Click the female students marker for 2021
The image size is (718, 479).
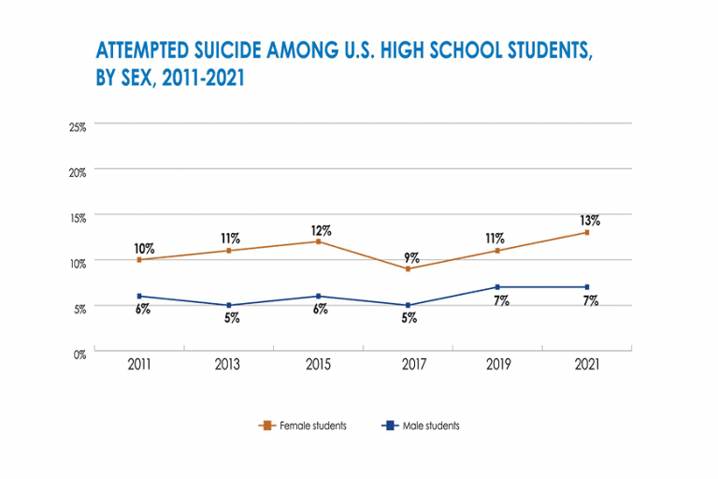(587, 232)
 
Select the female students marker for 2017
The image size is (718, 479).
(409, 269)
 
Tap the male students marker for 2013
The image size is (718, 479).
(230, 305)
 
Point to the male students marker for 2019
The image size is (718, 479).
(498, 287)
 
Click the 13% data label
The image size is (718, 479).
(588, 221)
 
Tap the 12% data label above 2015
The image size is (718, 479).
(320, 230)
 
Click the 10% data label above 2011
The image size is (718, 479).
(143, 249)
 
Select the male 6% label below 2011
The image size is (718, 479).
(143, 309)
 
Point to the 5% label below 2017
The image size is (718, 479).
(409, 318)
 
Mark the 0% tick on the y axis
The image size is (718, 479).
(80, 354)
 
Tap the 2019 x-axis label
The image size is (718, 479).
(498, 365)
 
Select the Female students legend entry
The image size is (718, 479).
(303, 426)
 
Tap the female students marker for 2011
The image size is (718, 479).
(140, 259)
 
